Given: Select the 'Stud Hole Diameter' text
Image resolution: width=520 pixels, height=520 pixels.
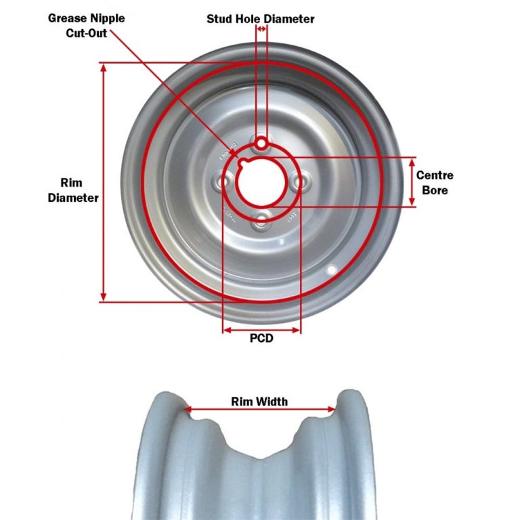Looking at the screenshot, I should coord(260,19).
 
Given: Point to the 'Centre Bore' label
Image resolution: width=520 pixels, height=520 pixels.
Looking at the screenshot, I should coord(435,183).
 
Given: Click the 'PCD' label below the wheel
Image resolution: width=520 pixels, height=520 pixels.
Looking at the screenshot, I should coord(261,338).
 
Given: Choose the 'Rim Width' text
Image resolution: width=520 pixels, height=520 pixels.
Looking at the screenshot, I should coord(259,402).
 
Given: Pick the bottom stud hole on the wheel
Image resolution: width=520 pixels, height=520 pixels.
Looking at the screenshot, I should coord(261,218).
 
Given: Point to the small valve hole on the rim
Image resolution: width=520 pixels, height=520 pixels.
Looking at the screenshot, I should coord(331,270).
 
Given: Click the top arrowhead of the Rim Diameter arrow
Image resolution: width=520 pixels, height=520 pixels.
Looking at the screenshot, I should coord(103,68).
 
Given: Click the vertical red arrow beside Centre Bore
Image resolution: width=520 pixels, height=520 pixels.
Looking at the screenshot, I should coord(413,182).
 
